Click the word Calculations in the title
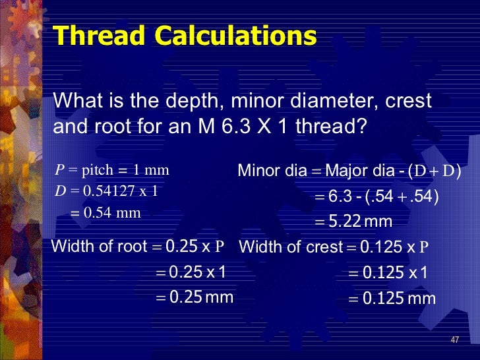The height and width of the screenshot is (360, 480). pos(226,36)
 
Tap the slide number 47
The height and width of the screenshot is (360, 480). pos(454,340)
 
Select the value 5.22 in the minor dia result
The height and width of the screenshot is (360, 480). pos(344,220)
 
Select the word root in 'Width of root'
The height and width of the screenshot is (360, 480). pos(133,247)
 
